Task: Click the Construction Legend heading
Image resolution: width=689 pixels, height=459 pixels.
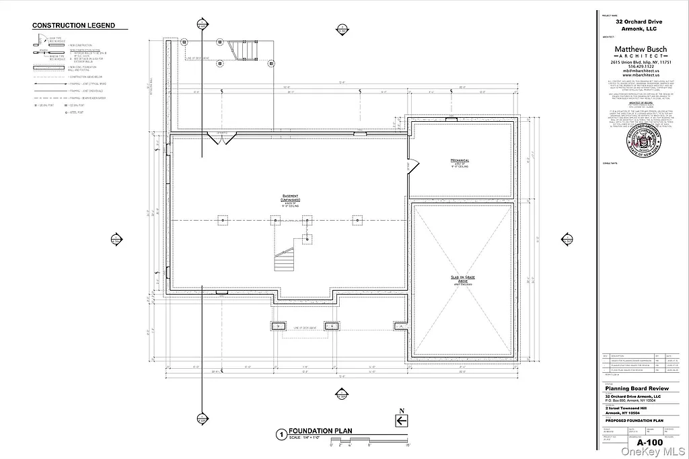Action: click(x=74, y=26)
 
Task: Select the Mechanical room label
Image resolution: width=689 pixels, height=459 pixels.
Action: click(x=460, y=162)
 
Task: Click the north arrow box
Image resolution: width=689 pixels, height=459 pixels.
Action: click(x=401, y=421)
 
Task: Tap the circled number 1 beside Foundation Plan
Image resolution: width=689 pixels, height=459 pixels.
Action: click(x=281, y=435)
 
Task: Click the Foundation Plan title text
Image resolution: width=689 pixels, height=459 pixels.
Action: click(x=320, y=431)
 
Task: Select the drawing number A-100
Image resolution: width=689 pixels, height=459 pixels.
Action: click(x=650, y=442)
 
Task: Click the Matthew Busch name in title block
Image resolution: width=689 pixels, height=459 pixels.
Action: click(x=641, y=49)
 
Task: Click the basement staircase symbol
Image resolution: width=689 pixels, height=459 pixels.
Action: click(x=285, y=259)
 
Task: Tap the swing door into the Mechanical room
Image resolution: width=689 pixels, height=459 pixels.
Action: click(x=411, y=164)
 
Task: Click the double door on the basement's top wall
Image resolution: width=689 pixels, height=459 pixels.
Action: click(x=221, y=138)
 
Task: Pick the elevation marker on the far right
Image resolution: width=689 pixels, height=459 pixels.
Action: click(x=566, y=240)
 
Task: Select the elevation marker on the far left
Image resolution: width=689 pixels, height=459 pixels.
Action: click(x=116, y=240)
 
